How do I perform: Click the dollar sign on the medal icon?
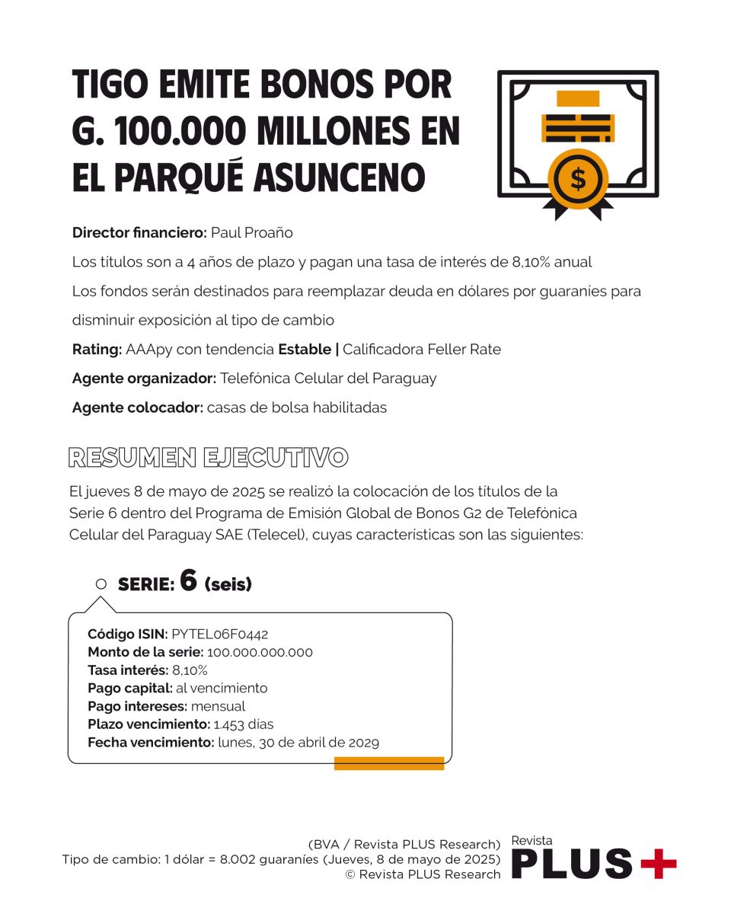[x=578, y=180]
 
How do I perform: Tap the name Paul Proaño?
[x=251, y=232]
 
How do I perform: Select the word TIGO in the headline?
[x=106, y=85]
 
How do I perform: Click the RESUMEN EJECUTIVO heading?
[x=208, y=458]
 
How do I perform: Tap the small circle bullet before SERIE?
[x=101, y=584]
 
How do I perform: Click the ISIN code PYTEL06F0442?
[x=220, y=634]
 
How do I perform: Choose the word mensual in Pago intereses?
[x=218, y=706]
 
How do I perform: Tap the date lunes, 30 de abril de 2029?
[x=298, y=742]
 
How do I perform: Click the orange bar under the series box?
[x=389, y=763]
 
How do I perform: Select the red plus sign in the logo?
[x=658, y=863]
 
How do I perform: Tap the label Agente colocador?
[x=137, y=407]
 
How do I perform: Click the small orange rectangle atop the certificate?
[x=578, y=98]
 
